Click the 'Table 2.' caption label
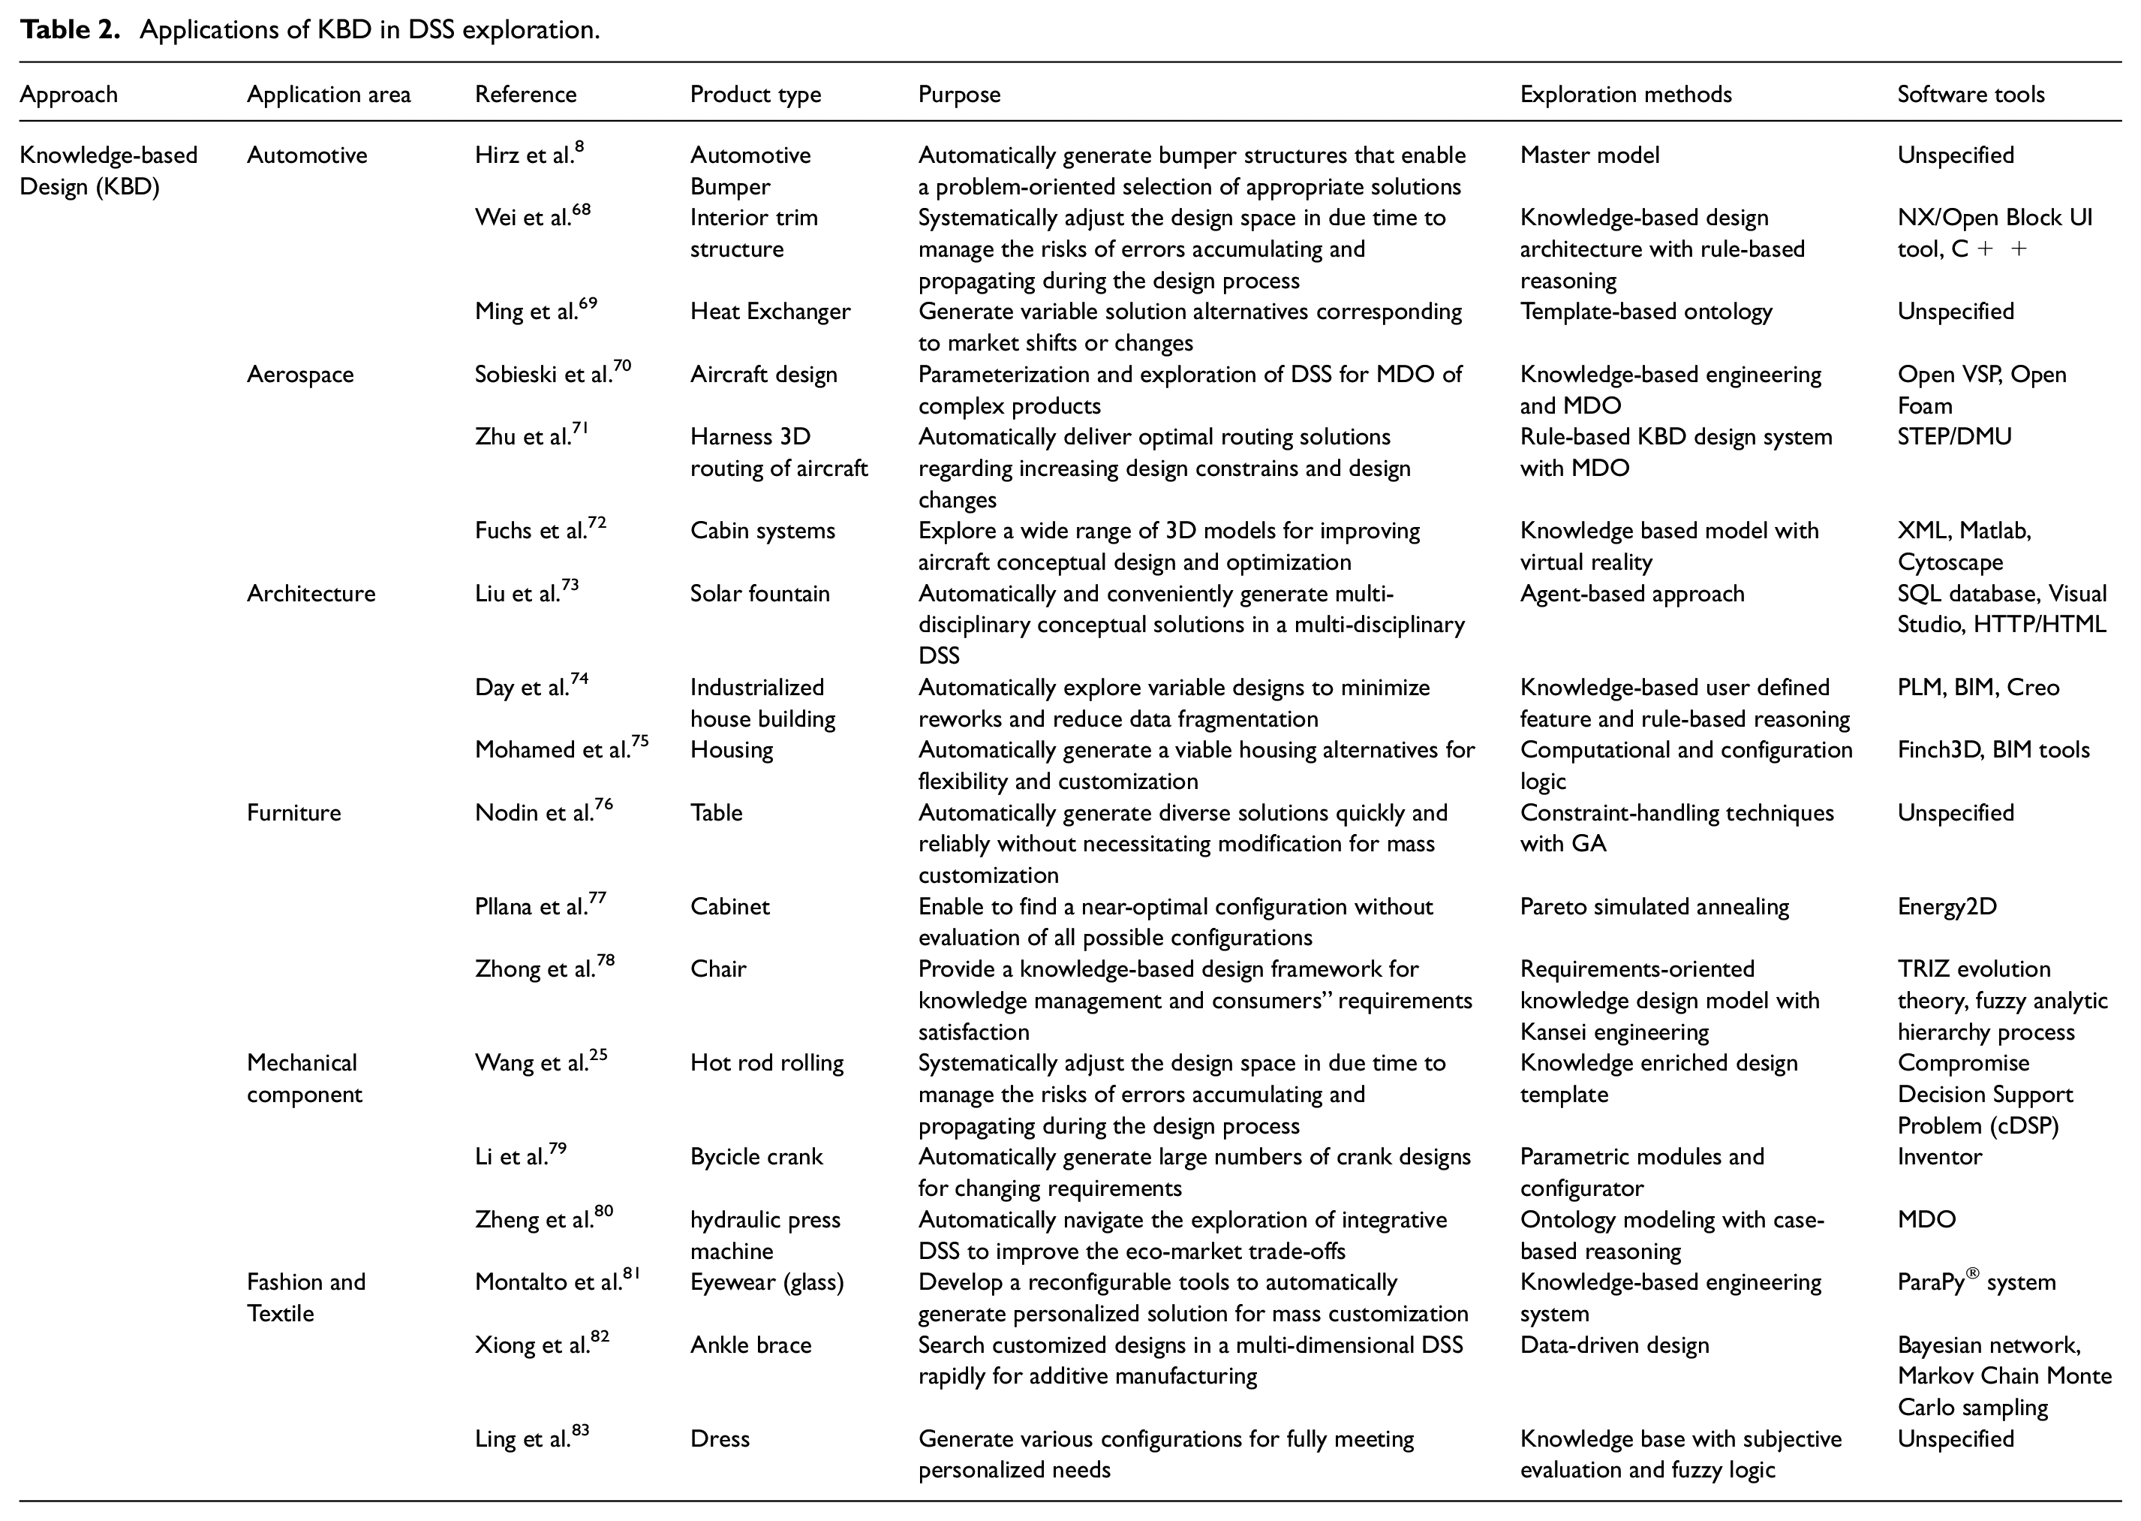[71, 30]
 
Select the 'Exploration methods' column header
[1625, 95]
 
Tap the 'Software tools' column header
[1970, 95]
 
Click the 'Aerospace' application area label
[299, 375]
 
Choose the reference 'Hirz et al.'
[529, 155]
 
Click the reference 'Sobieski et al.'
[552, 374]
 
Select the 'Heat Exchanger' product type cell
[769, 312]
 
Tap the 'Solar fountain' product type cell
[759, 594]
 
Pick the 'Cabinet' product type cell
[729, 907]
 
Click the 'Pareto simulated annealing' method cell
[1653, 907]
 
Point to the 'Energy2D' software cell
[1947, 907]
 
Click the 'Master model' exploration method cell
[1589, 155]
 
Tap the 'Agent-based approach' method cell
[1631, 594]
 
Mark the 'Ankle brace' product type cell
[750, 1345]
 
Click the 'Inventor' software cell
[1939, 1157]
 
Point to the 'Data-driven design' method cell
[1614, 1345]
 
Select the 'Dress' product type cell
[719, 1438]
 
